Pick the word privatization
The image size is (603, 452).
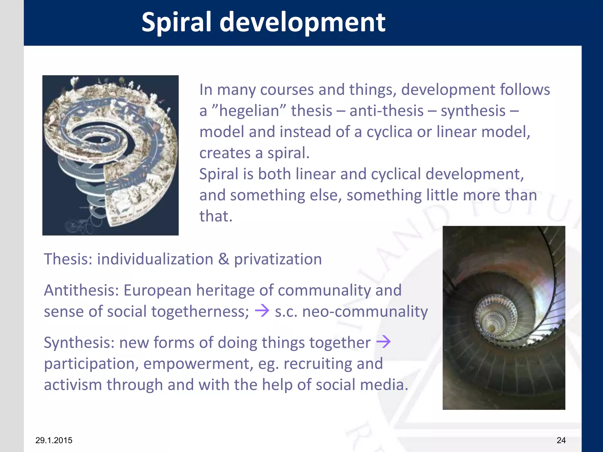click(x=278, y=259)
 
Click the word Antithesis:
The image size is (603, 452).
click(x=81, y=290)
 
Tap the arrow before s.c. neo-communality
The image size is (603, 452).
click(x=262, y=311)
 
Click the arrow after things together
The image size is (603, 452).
click(x=383, y=342)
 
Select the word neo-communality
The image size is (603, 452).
click(x=365, y=312)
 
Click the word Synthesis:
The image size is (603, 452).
click(x=79, y=343)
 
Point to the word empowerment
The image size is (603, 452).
click(x=198, y=364)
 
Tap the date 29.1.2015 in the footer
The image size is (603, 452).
click(x=54, y=440)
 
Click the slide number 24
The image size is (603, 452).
click(x=561, y=440)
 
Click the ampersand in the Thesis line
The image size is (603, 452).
click(x=223, y=259)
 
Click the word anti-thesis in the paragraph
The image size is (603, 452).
click(x=386, y=111)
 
